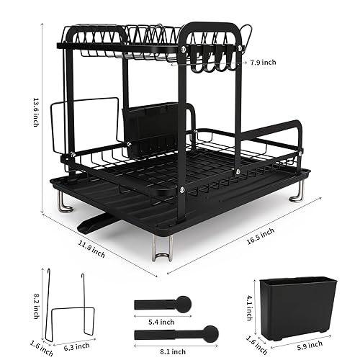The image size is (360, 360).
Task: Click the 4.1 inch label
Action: (x=248, y=301)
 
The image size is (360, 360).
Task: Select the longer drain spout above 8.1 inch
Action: (x=176, y=333)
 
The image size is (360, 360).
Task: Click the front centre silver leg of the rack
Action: (x=161, y=249)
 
